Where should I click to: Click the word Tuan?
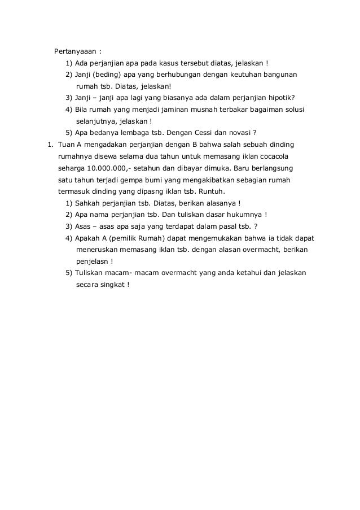[x=67, y=144]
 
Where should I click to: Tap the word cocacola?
[x=273, y=156]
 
